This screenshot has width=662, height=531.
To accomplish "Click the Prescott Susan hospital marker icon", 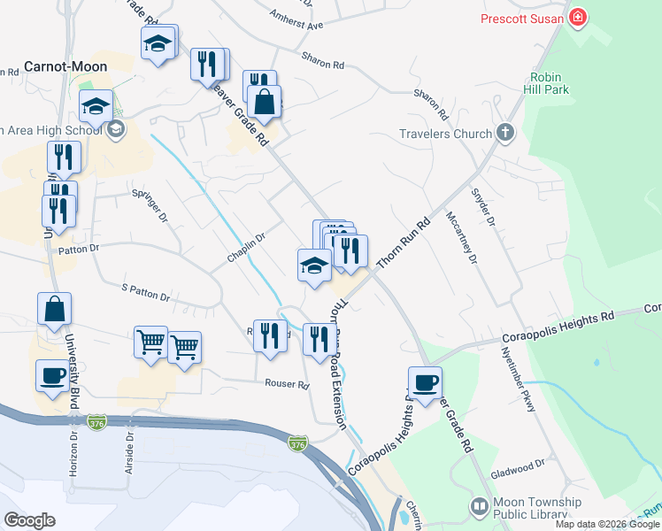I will (579, 18).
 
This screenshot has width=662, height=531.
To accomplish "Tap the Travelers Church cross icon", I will (505, 134).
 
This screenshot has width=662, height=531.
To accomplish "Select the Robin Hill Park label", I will (550, 83).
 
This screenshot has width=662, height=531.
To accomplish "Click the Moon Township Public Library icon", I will (479, 506).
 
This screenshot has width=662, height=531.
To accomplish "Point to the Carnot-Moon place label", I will (65, 66).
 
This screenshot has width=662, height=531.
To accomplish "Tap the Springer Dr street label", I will (149, 205).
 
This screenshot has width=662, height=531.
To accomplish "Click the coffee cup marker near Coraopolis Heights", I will (425, 382).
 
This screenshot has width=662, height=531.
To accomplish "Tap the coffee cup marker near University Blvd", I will (52, 375).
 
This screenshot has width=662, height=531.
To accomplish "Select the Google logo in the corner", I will (29, 520).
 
